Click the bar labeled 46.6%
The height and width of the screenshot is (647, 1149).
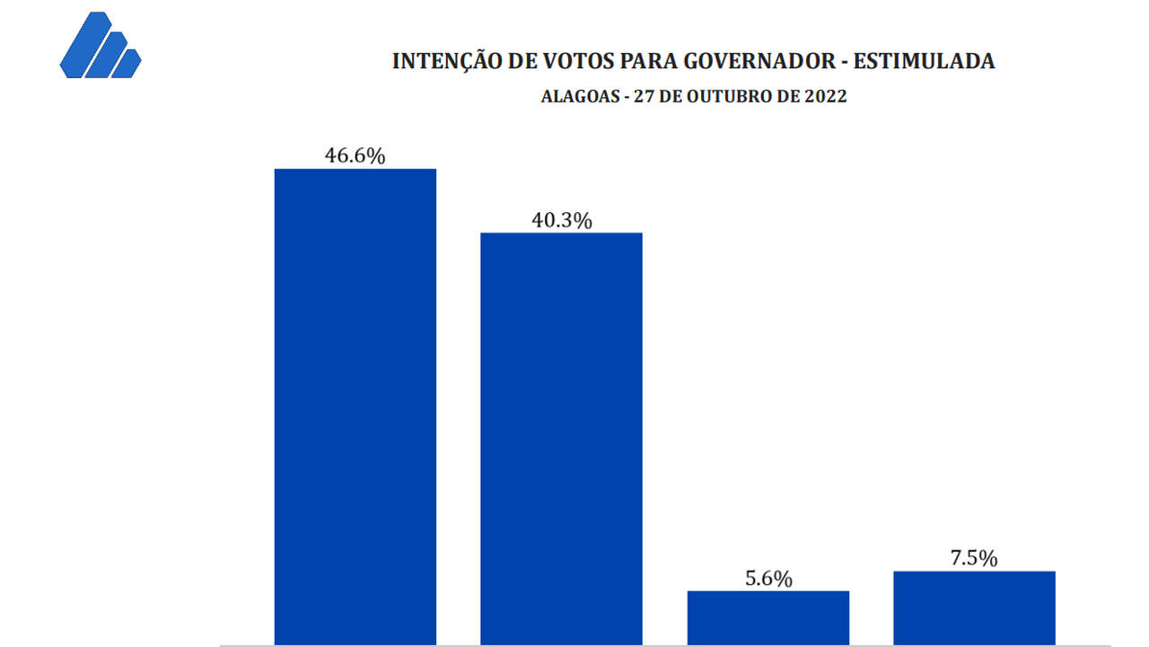click(x=355, y=404)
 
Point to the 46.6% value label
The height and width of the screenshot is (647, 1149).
click(x=355, y=155)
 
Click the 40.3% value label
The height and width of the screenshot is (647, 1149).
click(x=561, y=220)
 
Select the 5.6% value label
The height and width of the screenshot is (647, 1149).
click(x=768, y=579)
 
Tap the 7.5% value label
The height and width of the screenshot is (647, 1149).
click(x=974, y=558)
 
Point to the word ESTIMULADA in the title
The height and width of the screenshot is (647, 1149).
click(x=924, y=62)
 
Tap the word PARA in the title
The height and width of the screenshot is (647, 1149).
click(x=646, y=62)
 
